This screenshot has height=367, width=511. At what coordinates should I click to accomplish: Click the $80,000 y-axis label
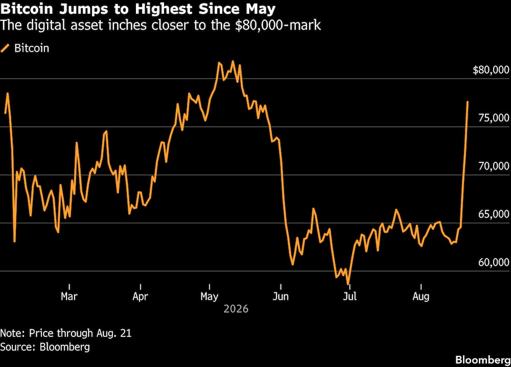[491, 70]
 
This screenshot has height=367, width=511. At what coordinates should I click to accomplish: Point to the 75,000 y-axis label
[494, 117]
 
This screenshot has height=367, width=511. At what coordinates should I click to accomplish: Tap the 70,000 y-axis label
[494, 166]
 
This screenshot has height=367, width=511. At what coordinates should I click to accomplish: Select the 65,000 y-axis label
[494, 214]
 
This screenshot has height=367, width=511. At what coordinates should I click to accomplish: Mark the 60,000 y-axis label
[494, 262]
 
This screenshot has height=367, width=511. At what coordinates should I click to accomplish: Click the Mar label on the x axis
[69, 297]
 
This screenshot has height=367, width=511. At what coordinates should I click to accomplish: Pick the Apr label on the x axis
[140, 297]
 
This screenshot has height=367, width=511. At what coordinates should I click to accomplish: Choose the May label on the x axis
[209, 297]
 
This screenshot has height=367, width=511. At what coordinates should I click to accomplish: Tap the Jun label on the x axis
[281, 297]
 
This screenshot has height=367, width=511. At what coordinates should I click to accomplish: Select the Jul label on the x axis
[350, 297]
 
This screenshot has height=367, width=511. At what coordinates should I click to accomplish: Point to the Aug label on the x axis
[421, 297]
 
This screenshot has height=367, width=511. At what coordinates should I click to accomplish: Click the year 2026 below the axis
[236, 309]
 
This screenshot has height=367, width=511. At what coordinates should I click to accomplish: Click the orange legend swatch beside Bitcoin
[5, 48]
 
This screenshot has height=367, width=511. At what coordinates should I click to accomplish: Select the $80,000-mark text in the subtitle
[277, 25]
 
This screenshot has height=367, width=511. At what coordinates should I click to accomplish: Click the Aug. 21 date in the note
[114, 333]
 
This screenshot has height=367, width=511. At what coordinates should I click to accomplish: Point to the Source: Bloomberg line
[45, 347]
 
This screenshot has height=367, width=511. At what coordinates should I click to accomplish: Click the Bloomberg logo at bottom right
[483, 359]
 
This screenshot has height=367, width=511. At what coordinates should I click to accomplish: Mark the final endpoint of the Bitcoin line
[468, 102]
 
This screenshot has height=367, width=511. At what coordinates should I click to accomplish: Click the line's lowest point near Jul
[348, 284]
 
